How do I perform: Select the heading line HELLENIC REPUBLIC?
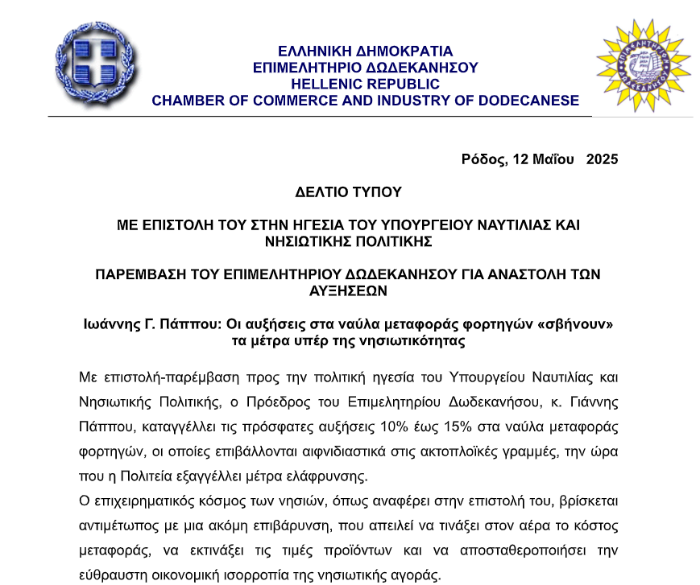pyautogui.click(x=365, y=84)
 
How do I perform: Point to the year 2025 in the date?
pyautogui.click(x=602, y=159)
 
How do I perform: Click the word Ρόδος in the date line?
pyautogui.click(x=483, y=159)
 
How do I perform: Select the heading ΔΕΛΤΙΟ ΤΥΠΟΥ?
pyautogui.click(x=348, y=192)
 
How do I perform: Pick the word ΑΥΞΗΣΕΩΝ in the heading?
pyautogui.click(x=348, y=290)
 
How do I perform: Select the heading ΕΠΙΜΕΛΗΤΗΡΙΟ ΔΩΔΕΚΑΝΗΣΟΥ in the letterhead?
pyautogui.click(x=365, y=68)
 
